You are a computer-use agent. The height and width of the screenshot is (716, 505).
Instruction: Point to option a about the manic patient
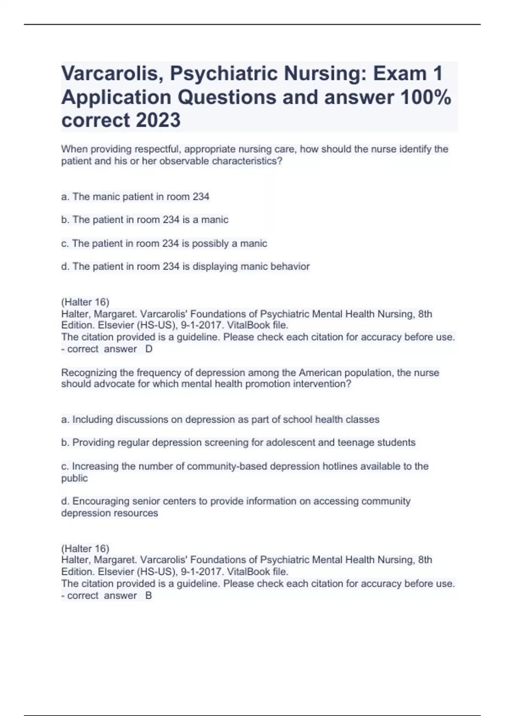point(135,197)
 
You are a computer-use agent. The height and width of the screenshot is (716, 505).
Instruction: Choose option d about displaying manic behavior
point(185,267)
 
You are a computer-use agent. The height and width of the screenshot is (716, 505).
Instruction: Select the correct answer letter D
point(149,349)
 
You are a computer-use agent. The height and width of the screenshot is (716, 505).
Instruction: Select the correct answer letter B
point(149,596)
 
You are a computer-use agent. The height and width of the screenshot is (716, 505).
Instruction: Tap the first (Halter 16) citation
point(85,302)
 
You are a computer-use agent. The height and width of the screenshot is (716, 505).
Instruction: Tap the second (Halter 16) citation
point(85,548)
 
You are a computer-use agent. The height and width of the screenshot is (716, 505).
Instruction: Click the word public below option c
point(74,478)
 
